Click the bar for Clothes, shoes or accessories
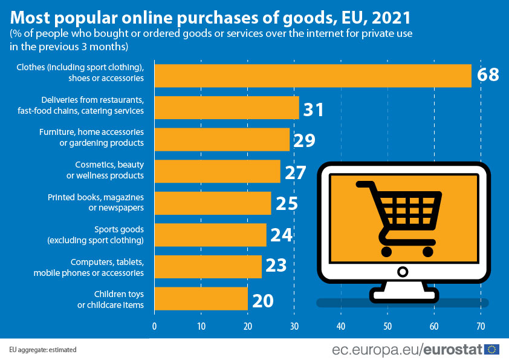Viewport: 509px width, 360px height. tap(313, 76)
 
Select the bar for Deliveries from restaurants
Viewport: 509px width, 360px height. tap(227, 108)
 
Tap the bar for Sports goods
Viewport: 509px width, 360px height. tap(210, 235)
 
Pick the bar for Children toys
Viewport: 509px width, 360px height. tap(201, 298)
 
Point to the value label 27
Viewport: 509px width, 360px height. tap(296, 172)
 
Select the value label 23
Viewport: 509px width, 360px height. tap(277, 267)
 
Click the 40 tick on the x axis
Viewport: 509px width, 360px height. tap(341, 326)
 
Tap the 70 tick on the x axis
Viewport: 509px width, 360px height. tap(481, 326)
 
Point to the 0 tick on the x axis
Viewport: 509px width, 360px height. tap(155, 326)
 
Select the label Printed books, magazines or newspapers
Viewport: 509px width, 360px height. tap(96, 203)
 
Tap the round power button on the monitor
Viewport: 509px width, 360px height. tap(403, 271)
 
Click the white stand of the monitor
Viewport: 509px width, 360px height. tap(403, 292)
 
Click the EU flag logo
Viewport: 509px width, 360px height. tap(492, 349)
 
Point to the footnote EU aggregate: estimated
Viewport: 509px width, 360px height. tap(43, 350)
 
